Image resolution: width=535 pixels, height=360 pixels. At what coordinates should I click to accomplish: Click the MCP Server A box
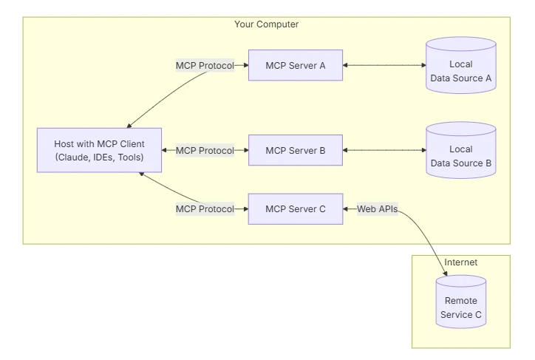[x=296, y=66]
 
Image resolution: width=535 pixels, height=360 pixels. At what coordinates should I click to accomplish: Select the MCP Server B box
[x=296, y=151]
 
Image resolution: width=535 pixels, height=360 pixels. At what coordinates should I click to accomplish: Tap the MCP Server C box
[x=296, y=209]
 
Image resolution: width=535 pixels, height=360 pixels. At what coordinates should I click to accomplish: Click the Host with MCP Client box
[x=100, y=151]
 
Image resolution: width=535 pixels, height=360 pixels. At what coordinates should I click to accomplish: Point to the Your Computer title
[x=266, y=24]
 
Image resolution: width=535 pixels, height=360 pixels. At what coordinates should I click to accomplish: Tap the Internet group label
[x=460, y=262]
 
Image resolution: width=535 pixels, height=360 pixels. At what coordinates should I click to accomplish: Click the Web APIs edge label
[x=378, y=209]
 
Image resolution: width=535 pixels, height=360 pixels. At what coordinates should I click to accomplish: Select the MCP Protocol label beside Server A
[x=205, y=66]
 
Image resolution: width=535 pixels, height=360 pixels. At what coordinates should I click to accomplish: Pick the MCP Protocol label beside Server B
[x=205, y=151]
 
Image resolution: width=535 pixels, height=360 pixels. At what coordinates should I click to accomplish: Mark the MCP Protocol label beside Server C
[x=205, y=209]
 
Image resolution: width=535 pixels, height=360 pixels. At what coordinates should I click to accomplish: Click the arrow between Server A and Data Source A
[x=384, y=66]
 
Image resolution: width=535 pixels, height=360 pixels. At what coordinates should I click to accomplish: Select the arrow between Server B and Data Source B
[x=384, y=151]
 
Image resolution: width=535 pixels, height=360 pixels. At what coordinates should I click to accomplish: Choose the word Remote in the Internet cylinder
[x=461, y=301]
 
